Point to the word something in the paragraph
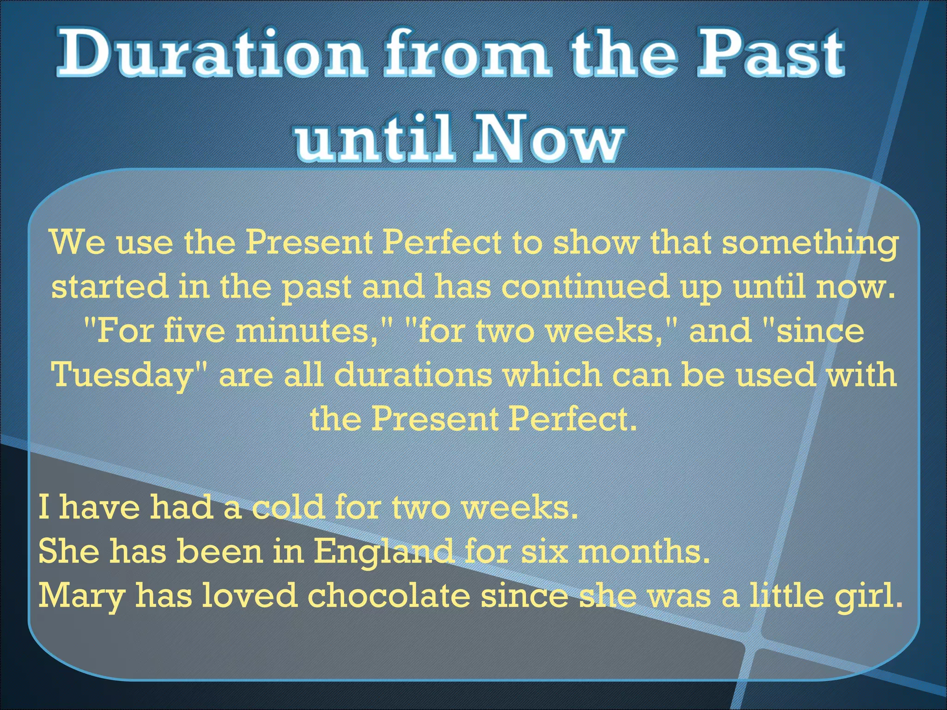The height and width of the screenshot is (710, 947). [x=809, y=244]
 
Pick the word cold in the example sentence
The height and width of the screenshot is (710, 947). [x=287, y=507]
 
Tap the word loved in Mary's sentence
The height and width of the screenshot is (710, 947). [x=250, y=595]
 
